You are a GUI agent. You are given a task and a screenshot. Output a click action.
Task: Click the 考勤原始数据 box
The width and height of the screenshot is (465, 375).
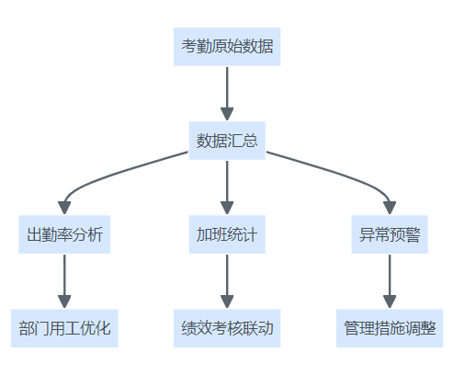(x=227, y=47)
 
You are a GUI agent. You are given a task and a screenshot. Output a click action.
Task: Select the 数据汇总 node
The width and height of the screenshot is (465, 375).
(x=227, y=141)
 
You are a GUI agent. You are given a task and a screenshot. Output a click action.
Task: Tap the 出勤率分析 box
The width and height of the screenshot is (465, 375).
(x=64, y=234)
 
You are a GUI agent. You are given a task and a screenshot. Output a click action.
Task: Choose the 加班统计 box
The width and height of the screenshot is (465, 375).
(x=227, y=234)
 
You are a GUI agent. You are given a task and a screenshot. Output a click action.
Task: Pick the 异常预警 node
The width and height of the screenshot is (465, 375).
(x=390, y=234)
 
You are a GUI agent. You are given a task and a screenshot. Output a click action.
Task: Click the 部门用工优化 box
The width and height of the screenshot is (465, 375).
(x=64, y=328)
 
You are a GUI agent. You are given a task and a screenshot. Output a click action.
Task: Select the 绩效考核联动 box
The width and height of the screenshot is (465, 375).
(x=227, y=328)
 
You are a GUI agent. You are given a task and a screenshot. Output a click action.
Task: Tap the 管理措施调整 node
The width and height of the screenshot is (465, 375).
(x=390, y=328)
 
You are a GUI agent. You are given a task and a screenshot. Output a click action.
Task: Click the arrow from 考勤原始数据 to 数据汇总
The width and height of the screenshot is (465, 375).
(x=227, y=94)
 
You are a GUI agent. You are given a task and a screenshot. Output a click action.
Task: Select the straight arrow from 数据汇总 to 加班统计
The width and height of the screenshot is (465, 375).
(x=227, y=187)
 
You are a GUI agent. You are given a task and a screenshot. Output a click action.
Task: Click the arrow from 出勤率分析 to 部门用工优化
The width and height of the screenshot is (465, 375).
(x=64, y=281)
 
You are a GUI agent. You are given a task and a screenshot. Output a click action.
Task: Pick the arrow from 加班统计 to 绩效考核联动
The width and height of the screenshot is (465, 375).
(x=227, y=281)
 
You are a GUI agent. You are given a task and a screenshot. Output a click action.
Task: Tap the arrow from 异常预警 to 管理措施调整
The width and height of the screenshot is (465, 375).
(x=390, y=281)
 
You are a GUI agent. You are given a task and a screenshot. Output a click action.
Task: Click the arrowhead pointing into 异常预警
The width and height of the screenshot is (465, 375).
(x=390, y=208)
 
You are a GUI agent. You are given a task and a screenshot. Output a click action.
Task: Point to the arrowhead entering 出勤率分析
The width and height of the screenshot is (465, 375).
(x=64, y=208)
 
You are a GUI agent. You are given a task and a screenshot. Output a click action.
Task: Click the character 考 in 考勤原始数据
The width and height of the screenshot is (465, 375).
(x=188, y=47)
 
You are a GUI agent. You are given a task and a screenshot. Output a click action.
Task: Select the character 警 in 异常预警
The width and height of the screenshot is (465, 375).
(x=413, y=234)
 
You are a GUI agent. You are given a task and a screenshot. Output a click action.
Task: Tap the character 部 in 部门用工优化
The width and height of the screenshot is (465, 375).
(x=27, y=328)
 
